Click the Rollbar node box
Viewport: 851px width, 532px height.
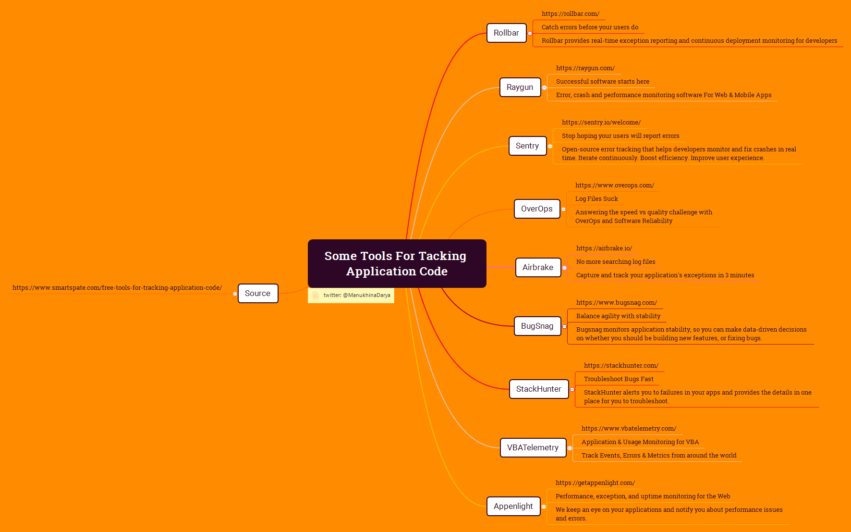click(506, 33)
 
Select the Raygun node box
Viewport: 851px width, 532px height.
click(520, 87)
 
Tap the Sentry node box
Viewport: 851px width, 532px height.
click(527, 146)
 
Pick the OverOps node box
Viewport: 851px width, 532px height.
click(536, 209)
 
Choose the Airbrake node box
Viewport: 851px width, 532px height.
click(537, 268)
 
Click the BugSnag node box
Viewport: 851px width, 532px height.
click(537, 326)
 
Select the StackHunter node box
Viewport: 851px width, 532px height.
click(538, 389)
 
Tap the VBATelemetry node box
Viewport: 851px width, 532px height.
click(533, 448)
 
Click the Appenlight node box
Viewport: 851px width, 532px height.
click(513, 507)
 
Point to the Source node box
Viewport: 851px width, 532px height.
click(257, 294)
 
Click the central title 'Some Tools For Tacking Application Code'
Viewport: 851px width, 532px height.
click(396, 263)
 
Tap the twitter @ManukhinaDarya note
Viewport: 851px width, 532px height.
click(356, 296)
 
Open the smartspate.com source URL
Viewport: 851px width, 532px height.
click(117, 288)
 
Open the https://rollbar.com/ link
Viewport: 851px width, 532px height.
click(570, 14)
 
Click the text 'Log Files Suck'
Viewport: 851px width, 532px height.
click(596, 199)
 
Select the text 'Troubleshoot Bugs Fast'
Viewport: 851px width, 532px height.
click(619, 379)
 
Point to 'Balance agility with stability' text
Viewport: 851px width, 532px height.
click(618, 316)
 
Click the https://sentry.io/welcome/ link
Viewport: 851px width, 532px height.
click(601, 123)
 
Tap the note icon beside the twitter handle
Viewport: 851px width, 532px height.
click(316, 296)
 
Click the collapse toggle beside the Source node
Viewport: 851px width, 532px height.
click(235, 294)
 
